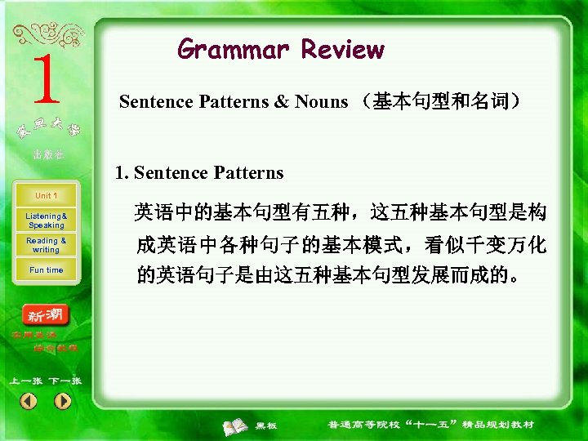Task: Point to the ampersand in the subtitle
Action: click(281, 102)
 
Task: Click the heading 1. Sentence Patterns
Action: click(199, 172)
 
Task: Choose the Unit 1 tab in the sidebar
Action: click(46, 196)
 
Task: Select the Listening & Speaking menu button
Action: click(47, 220)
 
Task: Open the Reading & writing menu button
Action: click(47, 245)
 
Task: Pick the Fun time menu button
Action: click(47, 270)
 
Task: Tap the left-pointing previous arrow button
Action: click(29, 401)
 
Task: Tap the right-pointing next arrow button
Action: click(63, 401)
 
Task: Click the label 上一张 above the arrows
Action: click(25, 381)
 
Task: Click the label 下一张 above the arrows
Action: click(65, 381)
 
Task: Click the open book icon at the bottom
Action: click(238, 425)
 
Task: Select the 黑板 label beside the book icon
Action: click(266, 425)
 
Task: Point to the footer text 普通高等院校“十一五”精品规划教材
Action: click(430, 425)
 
